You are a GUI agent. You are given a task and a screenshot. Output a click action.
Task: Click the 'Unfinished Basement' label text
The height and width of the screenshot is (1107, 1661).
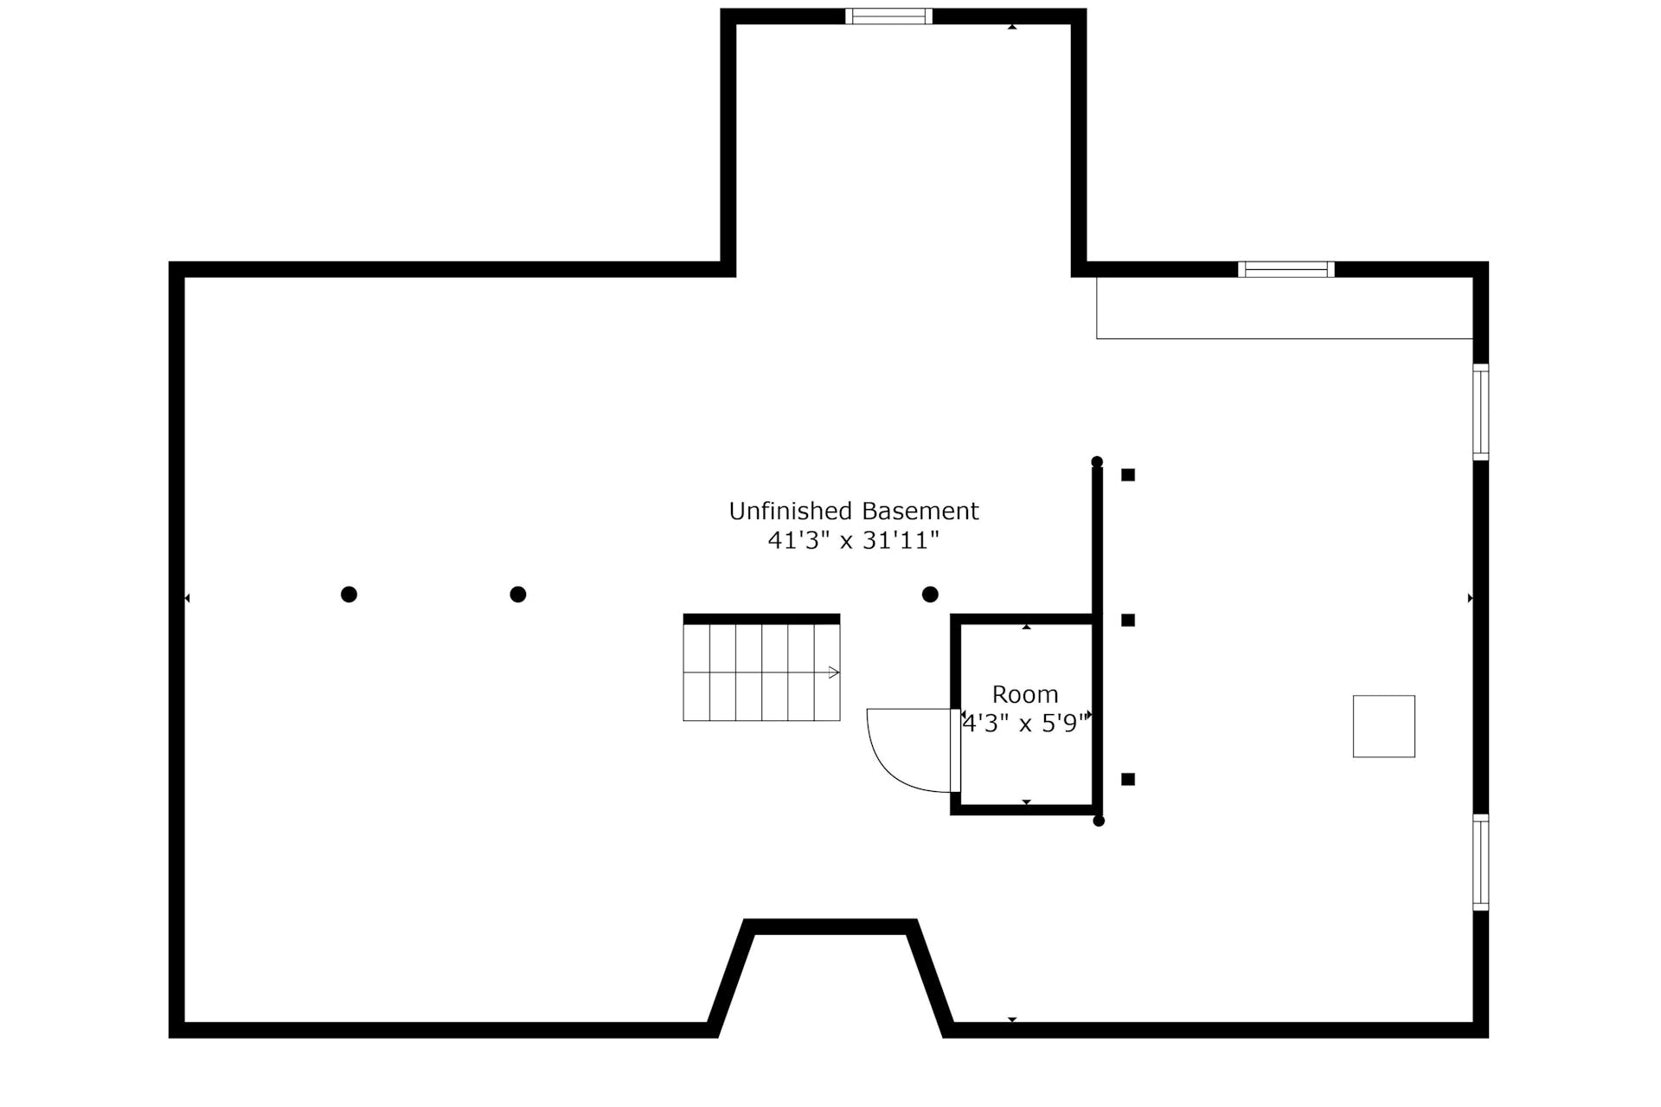853,511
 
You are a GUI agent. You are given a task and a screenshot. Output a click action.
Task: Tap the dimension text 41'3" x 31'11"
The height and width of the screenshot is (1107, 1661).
853,540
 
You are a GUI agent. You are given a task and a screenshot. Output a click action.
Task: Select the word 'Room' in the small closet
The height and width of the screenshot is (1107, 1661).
1025,694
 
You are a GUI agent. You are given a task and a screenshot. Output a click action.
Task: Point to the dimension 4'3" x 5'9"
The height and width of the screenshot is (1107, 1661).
1025,723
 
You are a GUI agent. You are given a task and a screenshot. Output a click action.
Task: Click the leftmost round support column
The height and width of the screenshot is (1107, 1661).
349,594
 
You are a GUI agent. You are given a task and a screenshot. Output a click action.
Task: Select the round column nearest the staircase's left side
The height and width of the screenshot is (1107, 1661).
518,594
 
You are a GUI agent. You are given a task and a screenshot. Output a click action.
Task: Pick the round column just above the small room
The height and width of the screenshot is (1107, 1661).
930,594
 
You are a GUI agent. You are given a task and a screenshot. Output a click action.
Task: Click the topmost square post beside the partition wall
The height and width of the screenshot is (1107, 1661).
1128,474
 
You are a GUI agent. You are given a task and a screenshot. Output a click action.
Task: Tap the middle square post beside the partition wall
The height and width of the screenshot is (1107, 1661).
1128,620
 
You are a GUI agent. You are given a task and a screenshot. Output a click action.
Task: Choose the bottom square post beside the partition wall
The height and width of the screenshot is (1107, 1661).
1128,779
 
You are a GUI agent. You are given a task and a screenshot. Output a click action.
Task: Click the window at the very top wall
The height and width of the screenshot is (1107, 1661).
888,16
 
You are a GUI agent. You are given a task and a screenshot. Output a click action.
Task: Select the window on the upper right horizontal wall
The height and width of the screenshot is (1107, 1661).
1286,269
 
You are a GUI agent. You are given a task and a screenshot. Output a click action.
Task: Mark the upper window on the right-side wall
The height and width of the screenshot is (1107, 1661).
1481,412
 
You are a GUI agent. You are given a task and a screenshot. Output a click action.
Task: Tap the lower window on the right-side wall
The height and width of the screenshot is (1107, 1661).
1481,862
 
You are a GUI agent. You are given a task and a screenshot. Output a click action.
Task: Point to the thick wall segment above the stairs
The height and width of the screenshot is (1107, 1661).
761,619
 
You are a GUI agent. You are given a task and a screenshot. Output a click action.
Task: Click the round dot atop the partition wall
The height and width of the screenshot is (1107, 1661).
1097,461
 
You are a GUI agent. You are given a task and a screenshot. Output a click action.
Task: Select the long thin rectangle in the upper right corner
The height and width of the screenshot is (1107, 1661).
1285,338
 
